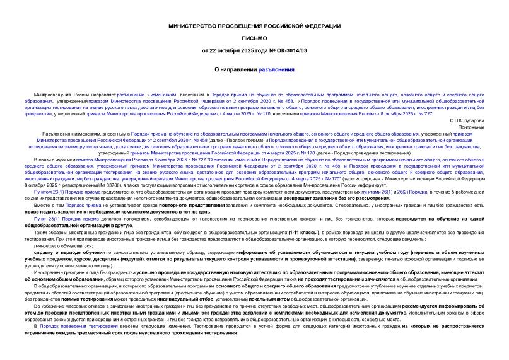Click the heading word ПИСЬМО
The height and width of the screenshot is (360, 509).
pyautogui.click(x=254, y=37)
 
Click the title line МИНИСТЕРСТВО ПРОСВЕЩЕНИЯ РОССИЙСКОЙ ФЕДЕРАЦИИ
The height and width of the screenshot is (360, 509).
pyautogui.click(x=254, y=25)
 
